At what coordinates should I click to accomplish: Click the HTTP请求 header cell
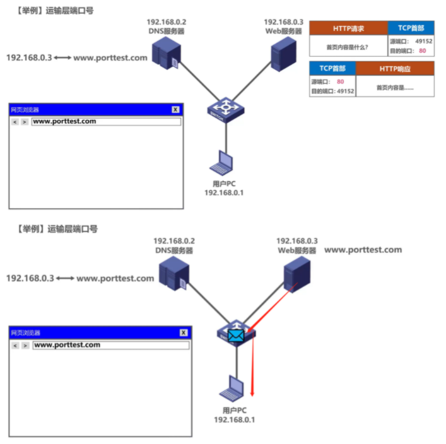[x=348, y=28]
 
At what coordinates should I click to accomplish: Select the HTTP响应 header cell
[x=395, y=68]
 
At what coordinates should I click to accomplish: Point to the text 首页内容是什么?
[x=348, y=47]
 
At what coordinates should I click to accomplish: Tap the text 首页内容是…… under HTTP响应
[x=395, y=88]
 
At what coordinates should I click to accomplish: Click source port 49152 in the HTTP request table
[x=423, y=42]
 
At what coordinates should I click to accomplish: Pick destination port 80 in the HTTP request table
[x=423, y=50]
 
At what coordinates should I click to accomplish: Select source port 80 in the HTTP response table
[x=340, y=81]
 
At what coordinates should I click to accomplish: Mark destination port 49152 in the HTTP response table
[x=345, y=91]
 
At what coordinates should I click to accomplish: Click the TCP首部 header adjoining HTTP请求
[x=411, y=28]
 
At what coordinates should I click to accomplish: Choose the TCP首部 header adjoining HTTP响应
[x=332, y=68]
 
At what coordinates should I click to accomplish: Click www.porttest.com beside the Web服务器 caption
[x=363, y=250]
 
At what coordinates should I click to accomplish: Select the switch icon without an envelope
[x=225, y=109]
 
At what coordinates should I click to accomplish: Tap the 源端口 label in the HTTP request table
[x=400, y=42]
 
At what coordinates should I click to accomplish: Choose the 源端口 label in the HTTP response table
[x=320, y=81]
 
